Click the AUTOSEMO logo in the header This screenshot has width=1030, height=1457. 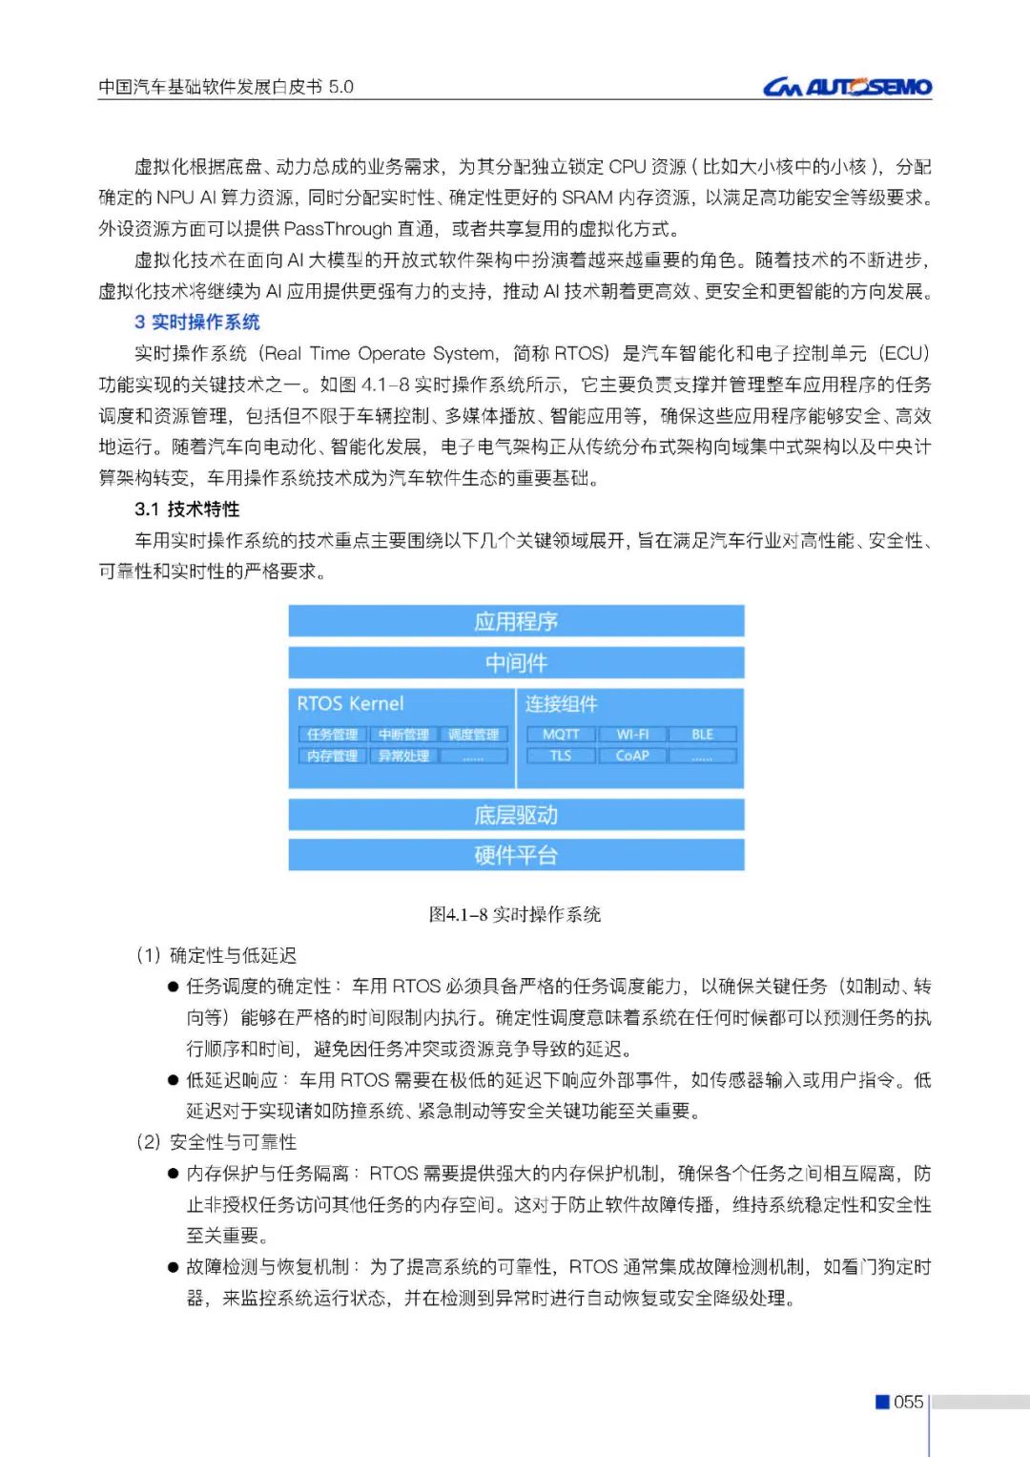(847, 88)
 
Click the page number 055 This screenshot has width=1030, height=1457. (908, 1402)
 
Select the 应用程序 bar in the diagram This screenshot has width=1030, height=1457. (516, 621)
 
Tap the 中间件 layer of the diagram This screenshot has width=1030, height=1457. (516, 662)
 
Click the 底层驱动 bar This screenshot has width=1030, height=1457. (516, 815)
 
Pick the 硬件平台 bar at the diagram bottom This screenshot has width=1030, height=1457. (516, 855)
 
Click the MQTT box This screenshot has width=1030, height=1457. (561, 734)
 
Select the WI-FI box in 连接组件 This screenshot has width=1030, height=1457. (632, 734)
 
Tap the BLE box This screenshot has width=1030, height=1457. (703, 734)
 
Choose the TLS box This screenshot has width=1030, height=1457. (561, 756)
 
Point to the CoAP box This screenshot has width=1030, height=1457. (632, 756)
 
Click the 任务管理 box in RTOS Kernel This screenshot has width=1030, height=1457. (332, 734)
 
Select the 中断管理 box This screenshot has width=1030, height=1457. (403, 734)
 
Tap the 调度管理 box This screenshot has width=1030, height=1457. (474, 734)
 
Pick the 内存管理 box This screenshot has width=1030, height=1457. (332, 756)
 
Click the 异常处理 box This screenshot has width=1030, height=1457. (403, 756)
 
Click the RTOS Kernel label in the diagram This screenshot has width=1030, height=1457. (350, 703)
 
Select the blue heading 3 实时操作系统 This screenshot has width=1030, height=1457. (196, 323)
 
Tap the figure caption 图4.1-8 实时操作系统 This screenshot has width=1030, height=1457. (515, 914)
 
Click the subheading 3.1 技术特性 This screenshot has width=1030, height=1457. (187, 510)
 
